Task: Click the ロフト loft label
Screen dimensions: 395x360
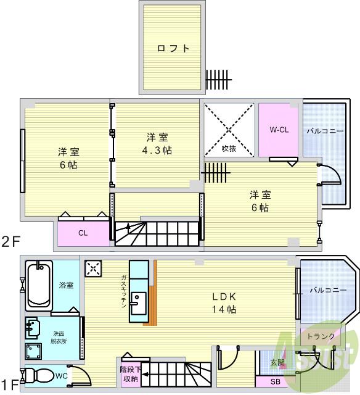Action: pyautogui.click(x=173, y=49)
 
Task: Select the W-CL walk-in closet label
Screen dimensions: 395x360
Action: pyautogui.click(x=279, y=130)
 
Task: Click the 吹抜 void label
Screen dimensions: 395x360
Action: pyautogui.click(x=229, y=149)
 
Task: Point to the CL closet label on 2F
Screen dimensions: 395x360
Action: pyautogui.click(x=82, y=233)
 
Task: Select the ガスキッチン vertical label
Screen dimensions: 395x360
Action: pyautogui.click(x=123, y=292)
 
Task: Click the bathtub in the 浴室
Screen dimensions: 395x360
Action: pyautogui.click(x=39, y=287)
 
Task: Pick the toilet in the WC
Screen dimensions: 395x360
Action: pyautogui.click(x=39, y=375)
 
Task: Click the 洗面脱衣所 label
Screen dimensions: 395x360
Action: pyautogui.click(x=60, y=336)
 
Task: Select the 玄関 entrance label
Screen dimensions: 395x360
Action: pyautogui.click(x=277, y=362)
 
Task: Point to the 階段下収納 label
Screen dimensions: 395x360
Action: pyautogui.click(x=129, y=374)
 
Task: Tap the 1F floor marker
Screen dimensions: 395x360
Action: pyautogui.click(x=9, y=382)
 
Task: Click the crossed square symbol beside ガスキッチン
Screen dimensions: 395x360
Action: pyautogui.click(x=94, y=268)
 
